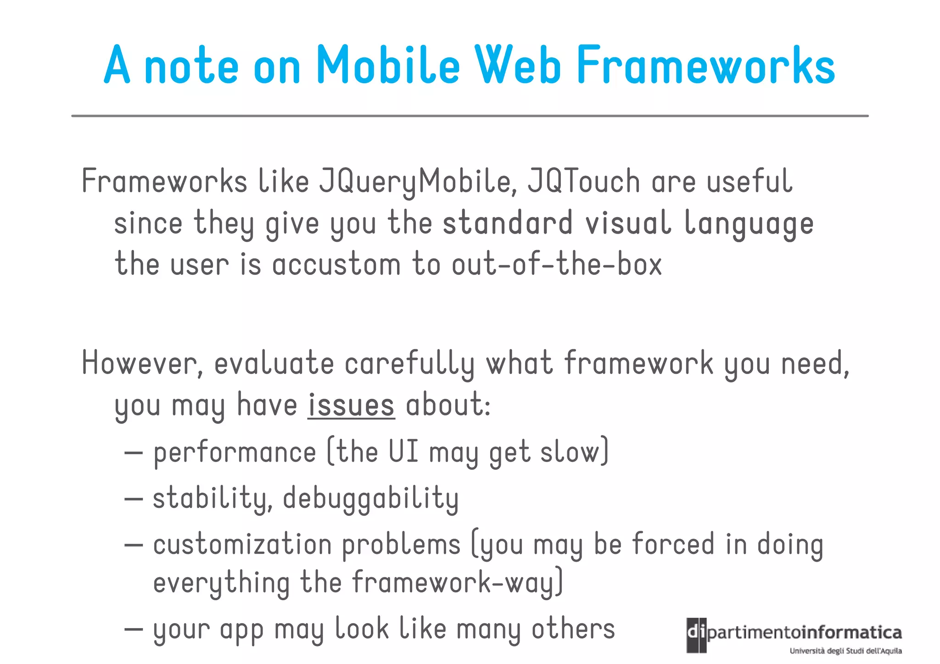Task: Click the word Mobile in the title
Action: pos(388,66)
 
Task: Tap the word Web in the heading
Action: pos(518,66)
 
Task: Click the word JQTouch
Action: pos(583,181)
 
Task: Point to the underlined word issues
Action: pos(351,405)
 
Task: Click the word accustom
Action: pos(336,265)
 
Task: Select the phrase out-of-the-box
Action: pos(556,265)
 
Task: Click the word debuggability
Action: pos(370,499)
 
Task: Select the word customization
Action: pos(242,545)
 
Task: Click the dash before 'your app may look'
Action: pos(134,629)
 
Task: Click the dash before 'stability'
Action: pos(134,499)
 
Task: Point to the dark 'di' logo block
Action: pos(696,635)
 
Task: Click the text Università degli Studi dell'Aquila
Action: pos(845,651)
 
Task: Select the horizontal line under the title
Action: pos(470,116)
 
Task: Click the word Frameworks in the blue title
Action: pos(705,66)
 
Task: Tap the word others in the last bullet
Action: pos(573,629)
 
